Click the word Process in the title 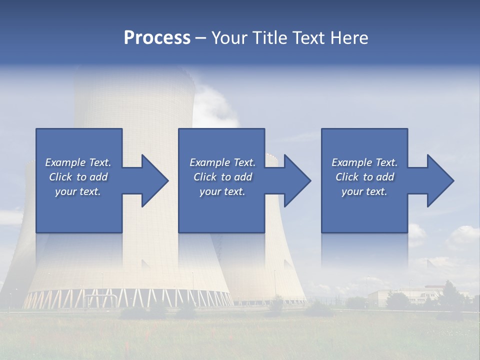pyautogui.click(x=157, y=38)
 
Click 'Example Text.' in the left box pyautogui.click(x=78, y=162)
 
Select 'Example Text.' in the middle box pyautogui.click(x=222, y=162)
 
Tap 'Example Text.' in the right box pyautogui.click(x=364, y=162)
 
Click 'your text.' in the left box pyautogui.click(x=78, y=191)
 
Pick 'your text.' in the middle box pyautogui.click(x=222, y=191)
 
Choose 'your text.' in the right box pyautogui.click(x=364, y=191)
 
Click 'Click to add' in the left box pyautogui.click(x=78, y=177)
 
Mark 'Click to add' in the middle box pyautogui.click(x=222, y=177)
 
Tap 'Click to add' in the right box pyautogui.click(x=364, y=177)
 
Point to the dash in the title pyautogui.click(x=200, y=38)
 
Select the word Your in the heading pyautogui.click(x=227, y=38)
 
